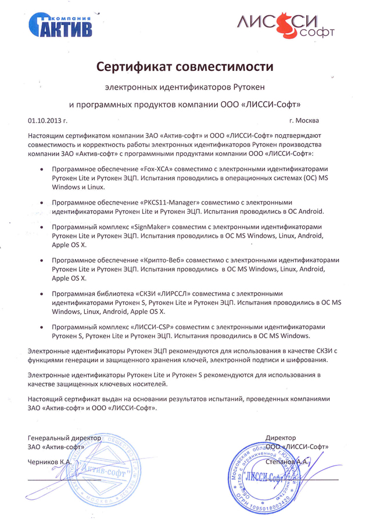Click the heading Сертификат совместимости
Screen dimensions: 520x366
click(184, 67)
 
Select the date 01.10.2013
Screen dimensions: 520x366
click(44, 121)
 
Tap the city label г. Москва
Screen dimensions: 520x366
click(303, 121)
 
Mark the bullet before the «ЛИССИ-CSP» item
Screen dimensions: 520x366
click(40, 327)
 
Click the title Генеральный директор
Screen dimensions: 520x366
click(64, 437)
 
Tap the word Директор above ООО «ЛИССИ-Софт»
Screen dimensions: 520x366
click(281, 437)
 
